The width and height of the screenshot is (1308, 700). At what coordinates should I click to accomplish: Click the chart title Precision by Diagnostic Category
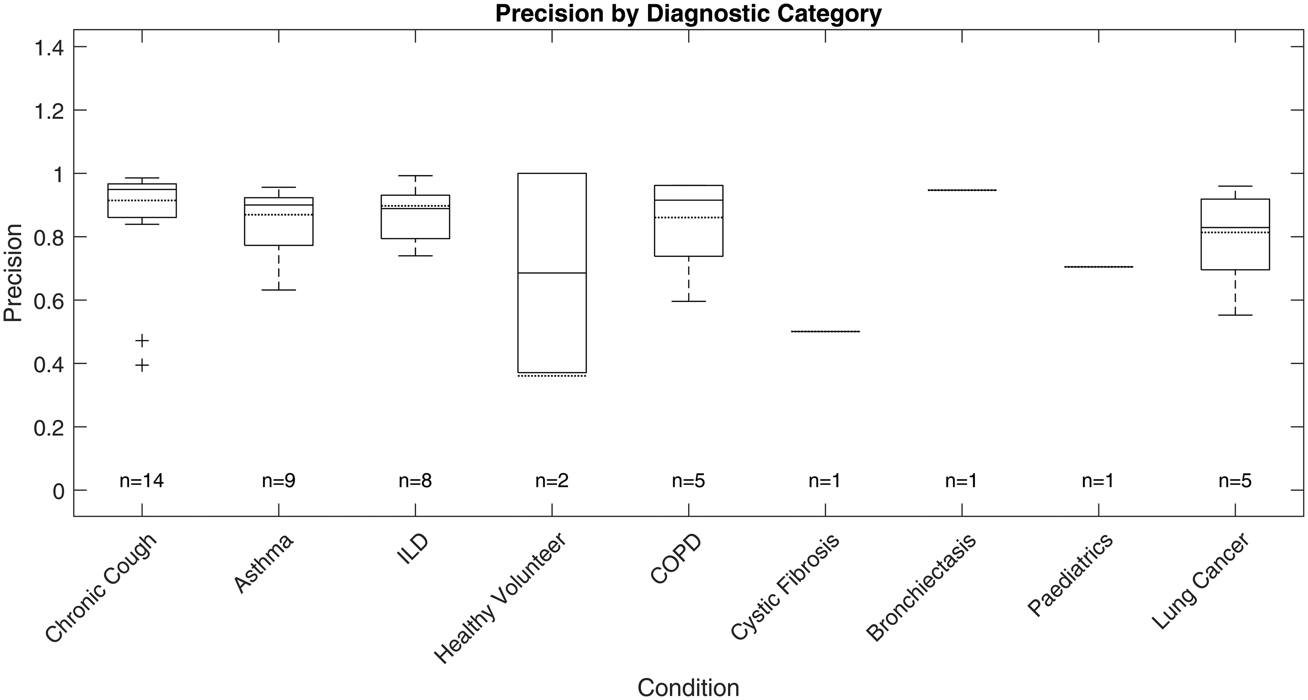tap(688, 14)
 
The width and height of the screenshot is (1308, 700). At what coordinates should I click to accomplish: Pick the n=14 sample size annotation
tap(142, 481)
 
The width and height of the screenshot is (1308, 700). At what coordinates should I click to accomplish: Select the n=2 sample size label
tap(552, 481)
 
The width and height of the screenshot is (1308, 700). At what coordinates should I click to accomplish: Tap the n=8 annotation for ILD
tap(415, 481)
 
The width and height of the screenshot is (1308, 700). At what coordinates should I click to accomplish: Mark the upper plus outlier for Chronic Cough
tap(142, 340)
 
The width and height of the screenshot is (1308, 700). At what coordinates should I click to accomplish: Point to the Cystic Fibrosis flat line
tap(825, 331)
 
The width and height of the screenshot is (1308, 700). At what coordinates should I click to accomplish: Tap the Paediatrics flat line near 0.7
tap(1098, 266)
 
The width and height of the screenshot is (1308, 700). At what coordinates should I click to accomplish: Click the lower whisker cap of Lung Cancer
tap(1235, 315)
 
